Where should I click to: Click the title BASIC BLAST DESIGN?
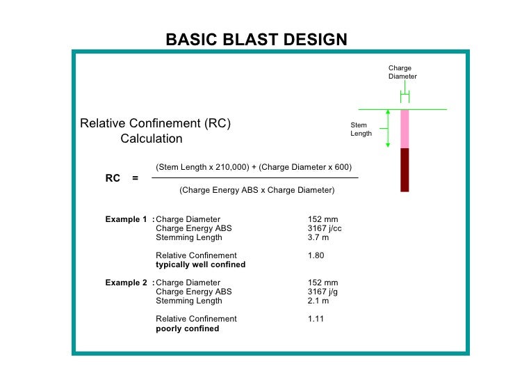256,40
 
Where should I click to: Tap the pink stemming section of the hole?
405,129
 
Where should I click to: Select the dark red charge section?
405,169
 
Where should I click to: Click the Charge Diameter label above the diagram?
402,72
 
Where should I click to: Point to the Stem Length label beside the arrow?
361,129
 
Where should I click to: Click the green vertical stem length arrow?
388,128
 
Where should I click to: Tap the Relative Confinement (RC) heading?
156,124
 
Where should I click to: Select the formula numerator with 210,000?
254,167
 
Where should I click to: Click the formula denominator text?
256,190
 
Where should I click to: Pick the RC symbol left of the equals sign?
113,178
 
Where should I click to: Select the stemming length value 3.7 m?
318,237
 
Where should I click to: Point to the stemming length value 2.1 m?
318,301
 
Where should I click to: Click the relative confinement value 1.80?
316,255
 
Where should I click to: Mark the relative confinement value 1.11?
316,319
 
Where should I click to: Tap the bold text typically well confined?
200,265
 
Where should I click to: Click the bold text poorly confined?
187,328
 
